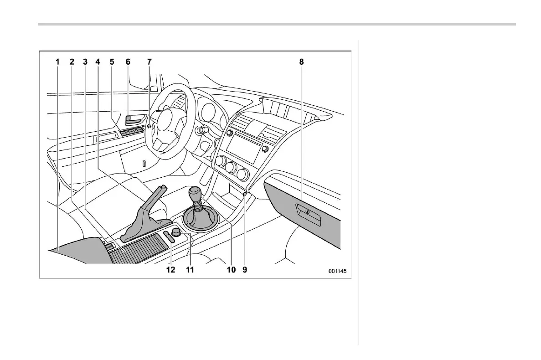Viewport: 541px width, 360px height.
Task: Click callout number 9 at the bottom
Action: click(x=245, y=270)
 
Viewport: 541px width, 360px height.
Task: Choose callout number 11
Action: click(x=190, y=270)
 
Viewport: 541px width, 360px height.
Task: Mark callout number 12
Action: click(x=170, y=270)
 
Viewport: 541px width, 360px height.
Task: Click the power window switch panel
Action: click(x=132, y=133)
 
